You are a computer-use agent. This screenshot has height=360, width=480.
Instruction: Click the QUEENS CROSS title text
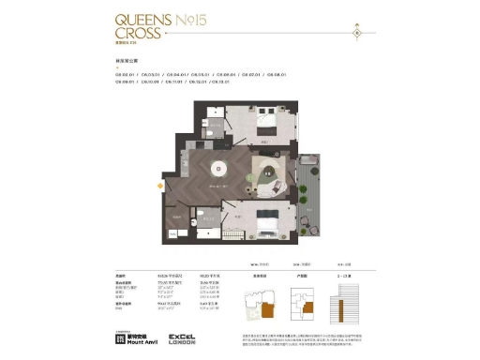(143, 24)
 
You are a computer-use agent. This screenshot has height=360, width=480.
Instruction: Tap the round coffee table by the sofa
(267, 171)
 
